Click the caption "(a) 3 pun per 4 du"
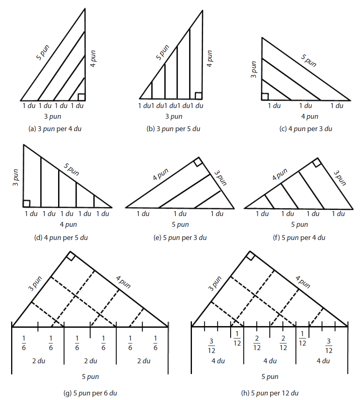pyautogui.click(x=55, y=129)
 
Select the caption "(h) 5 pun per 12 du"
pyautogui.click(x=269, y=393)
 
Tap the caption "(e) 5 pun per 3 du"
pyautogui.click(x=180, y=238)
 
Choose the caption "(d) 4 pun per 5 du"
pyautogui.click(x=61, y=238)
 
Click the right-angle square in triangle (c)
pyautogui.click(x=265, y=96)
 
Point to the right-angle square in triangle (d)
pyautogui.click(x=26, y=204)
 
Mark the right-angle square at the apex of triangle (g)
pyautogui.click(x=70, y=256)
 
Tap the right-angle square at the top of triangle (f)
pyautogui.click(x=316, y=162)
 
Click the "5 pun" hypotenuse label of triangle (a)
pyautogui.click(x=42, y=52)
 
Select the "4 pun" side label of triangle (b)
pyautogui.click(x=209, y=59)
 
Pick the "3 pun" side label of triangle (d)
pyautogui.click(x=16, y=177)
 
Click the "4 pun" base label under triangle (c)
pyautogui.click(x=310, y=116)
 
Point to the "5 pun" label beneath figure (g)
pyautogui.click(x=90, y=376)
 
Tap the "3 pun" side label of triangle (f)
pyautogui.click(x=340, y=178)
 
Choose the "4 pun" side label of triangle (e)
pyautogui.click(x=161, y=174)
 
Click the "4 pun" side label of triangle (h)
pyautogui.click(x=303, y=282)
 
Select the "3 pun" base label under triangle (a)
pyautogui.click(x=52, y=116)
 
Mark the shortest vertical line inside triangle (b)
pyautogui.click(x=152, y=90)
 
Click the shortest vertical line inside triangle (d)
pyautogui.click(x=94, y=201)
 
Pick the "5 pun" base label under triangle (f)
pyautogui.click(x=299, y=224)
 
